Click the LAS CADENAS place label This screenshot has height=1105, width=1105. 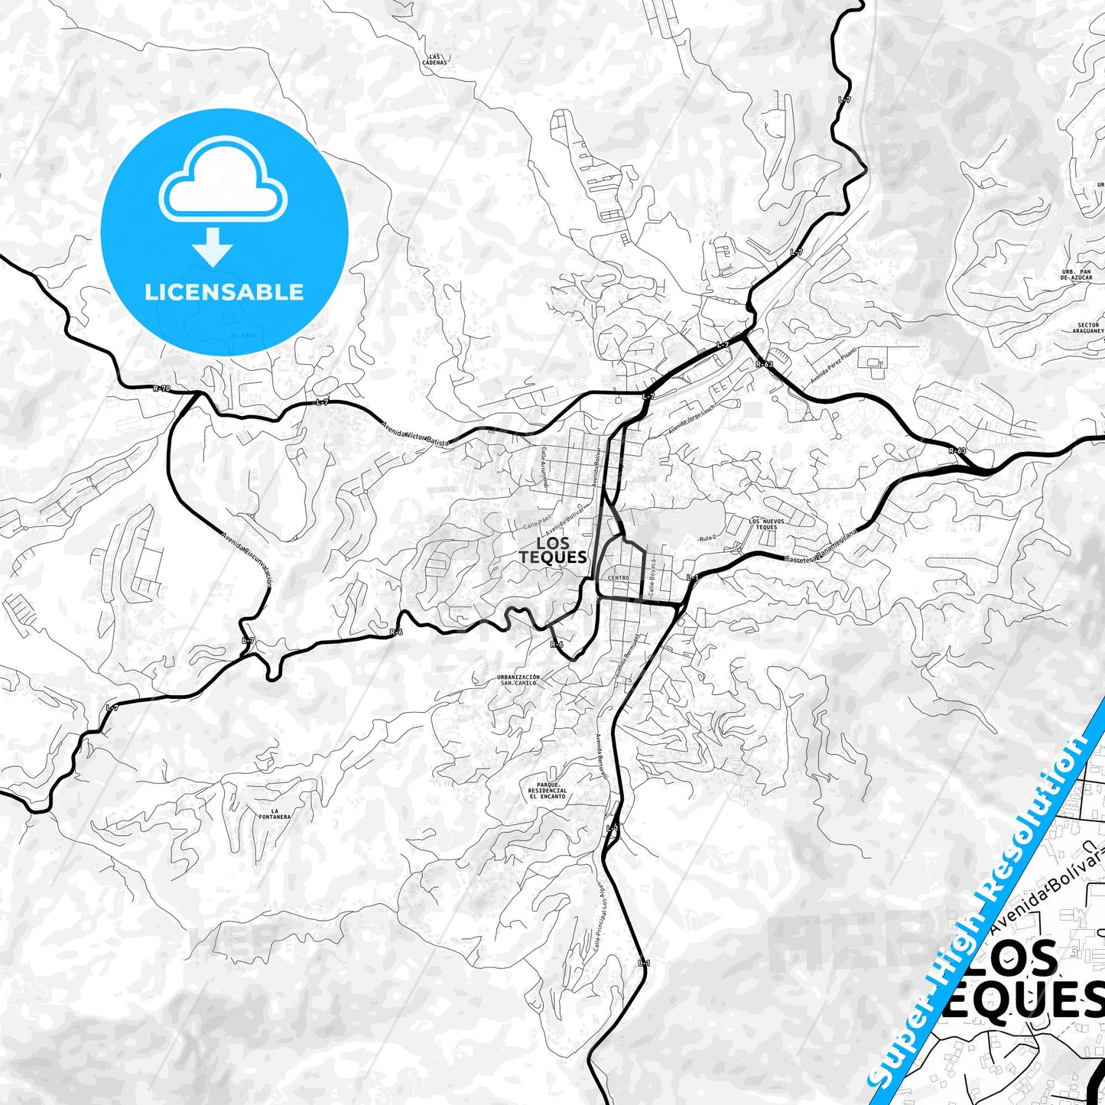[436, 59]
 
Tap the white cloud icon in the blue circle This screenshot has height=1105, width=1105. [223, 183]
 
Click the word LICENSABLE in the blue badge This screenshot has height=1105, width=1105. [224, 291]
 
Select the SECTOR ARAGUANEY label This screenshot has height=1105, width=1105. [1087, 328]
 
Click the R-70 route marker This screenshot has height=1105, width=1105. [161, 388]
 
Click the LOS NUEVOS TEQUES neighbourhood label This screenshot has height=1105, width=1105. [765, 524]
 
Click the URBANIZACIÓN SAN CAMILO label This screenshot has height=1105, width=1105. [518, 679]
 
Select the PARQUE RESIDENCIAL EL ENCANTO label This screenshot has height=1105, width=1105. [548, 790]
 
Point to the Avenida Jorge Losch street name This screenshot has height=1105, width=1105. [694, 420]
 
